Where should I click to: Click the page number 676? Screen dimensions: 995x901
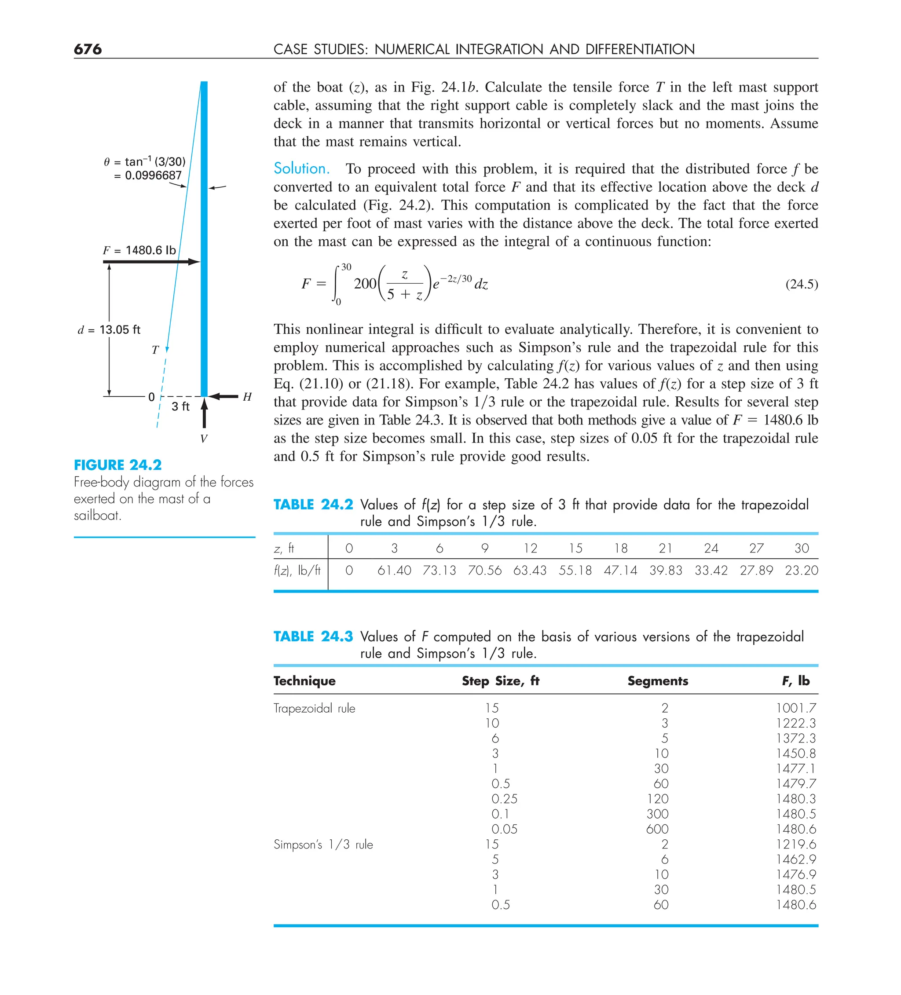[x=88, y=49]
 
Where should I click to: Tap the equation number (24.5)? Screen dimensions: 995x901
[x=801, y=284]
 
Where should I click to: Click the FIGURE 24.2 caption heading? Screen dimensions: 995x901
[x=117, y=465]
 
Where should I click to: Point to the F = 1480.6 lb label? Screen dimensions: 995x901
[x=139, y=250]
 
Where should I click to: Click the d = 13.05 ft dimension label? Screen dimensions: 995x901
[x=109, y=330]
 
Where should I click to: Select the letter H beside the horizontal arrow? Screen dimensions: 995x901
[x=247, y=397]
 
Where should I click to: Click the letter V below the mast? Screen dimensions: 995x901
[x=203, y=439]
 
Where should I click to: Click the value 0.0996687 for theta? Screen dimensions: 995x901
[x=153, y=176]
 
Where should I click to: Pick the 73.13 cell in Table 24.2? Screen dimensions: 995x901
[x=439, y=571]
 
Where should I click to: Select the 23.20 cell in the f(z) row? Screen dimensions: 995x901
[x=801, y=571]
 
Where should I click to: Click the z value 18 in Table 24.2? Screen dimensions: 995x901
[x=621, y=549]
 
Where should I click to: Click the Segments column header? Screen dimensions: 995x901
[x=657, y=681]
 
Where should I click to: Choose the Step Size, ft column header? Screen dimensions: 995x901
[x=500, y=681]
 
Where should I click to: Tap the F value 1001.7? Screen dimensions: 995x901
[x=795, y=708]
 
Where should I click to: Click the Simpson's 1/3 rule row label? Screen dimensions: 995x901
[x=323, y=845]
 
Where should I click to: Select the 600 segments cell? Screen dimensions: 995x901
[x=657, y=829]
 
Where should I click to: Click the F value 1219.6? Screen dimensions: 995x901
[x=795, y=845]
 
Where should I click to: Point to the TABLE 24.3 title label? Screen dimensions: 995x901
[x=313, y=637]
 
